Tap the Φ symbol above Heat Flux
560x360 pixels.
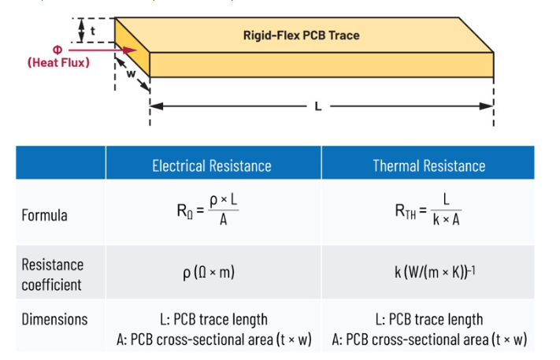pyautogui.click(x=57, y=49)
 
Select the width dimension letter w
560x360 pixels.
pyautogui.click(x=132, y=75)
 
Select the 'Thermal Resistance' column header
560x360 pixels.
pyautogui.click(x=428, y=165)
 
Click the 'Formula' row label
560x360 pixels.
pyautogui.click(x=45, y=215)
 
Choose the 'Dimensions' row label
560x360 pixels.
pyautogui.click(x=54, y=320)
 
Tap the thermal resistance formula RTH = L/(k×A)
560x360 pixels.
pyautogui.click(x=428, y=211)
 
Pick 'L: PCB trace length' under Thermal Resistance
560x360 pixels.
pyautogui.click(x=428, y=319)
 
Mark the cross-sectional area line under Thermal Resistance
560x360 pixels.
pyautogui.click(x=428, y=340)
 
